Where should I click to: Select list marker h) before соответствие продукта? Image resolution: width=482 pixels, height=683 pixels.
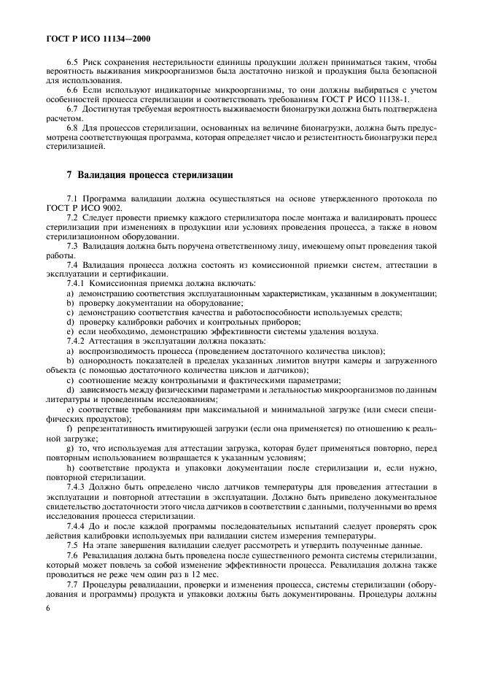tap(69, 466)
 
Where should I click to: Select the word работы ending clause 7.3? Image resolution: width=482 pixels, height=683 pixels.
tap(61, 255)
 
